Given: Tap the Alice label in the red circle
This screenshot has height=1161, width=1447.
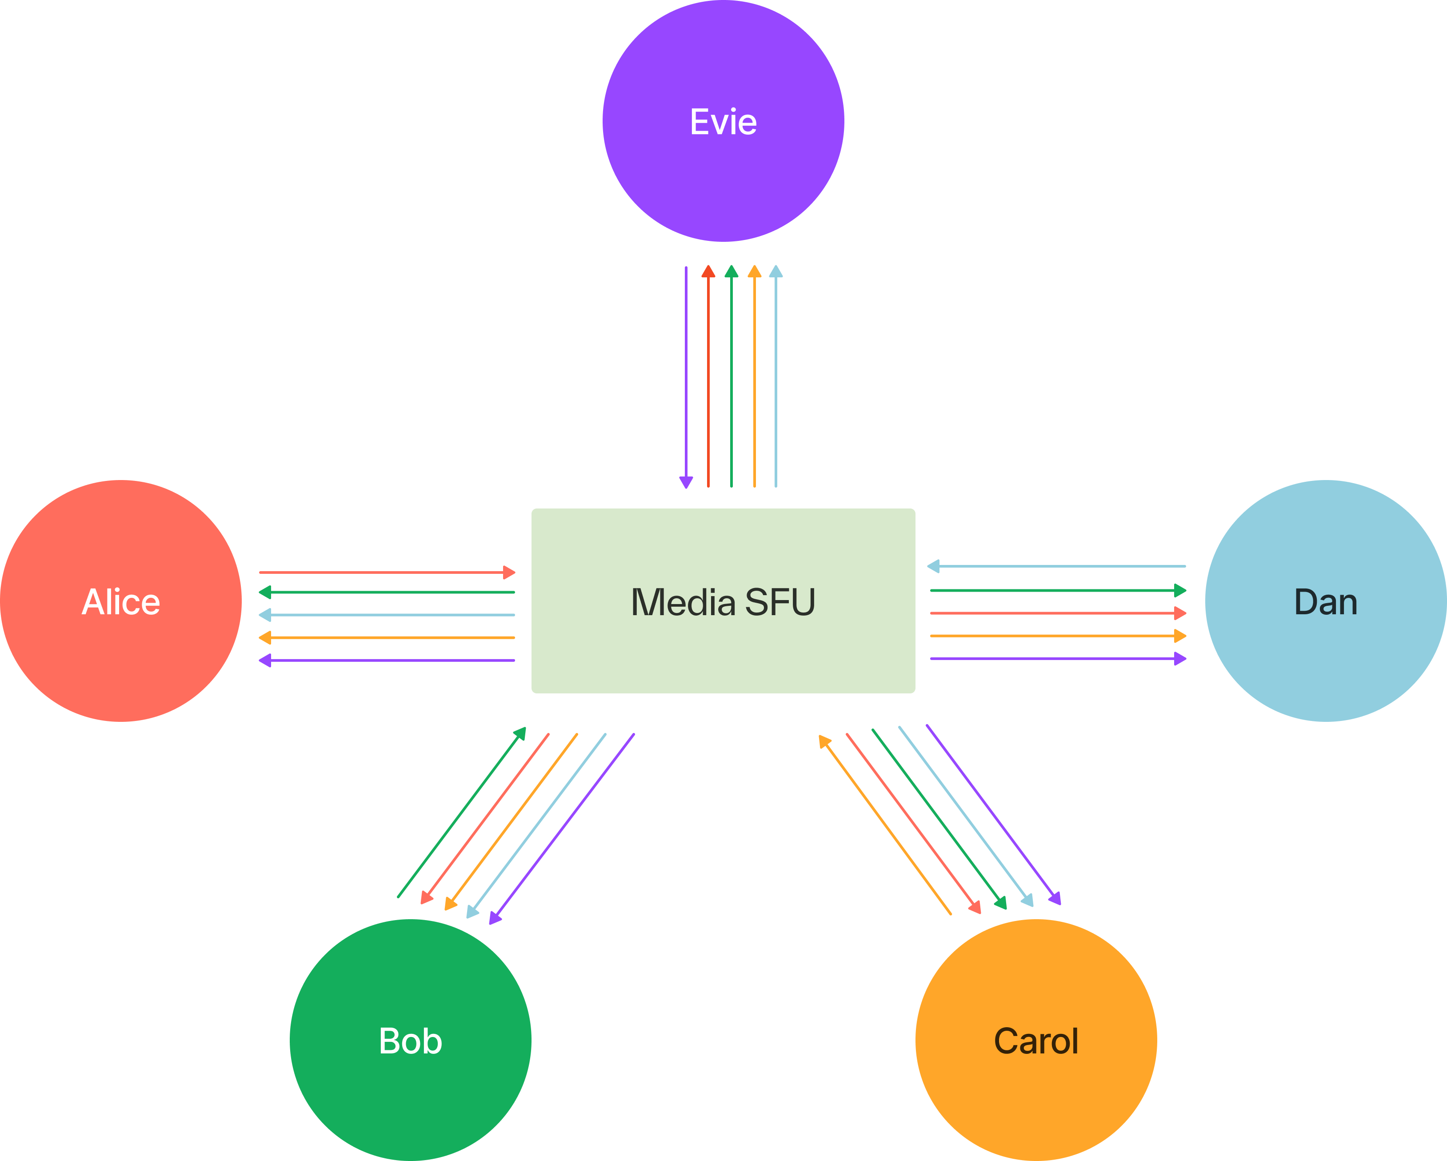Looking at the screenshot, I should (x=121, y=602).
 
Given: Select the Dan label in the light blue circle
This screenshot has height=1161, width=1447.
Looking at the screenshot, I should (x=1326, y=602).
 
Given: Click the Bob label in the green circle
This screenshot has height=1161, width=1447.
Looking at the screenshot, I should (x=410, y=1041).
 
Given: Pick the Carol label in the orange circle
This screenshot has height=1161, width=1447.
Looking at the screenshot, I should (x=1035, y=1041).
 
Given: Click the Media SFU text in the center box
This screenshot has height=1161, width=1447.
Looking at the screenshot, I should (x=723, y=602).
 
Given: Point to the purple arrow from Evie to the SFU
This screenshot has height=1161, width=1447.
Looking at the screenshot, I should (x=686, y=376).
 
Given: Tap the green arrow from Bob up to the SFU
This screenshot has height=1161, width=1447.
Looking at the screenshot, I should (x=463, y=812).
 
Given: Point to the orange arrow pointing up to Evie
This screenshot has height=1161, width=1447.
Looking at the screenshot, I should (x=754, y=376).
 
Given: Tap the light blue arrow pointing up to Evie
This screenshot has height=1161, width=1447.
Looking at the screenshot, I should (x=776, y=376).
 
